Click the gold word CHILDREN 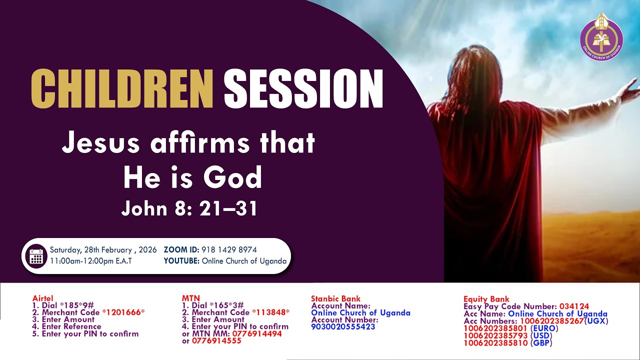122,88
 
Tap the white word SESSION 303,88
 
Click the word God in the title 234,177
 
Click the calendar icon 36,255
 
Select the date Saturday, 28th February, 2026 103,250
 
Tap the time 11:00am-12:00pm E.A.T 90,261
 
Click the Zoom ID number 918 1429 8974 229,250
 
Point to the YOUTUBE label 181,261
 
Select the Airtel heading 42,298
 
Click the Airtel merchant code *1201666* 123,312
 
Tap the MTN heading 190,298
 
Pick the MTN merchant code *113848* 270,312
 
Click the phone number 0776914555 216,340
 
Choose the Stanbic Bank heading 335,299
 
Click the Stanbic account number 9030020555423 343,327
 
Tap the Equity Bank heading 486,299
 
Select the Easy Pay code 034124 574,306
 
